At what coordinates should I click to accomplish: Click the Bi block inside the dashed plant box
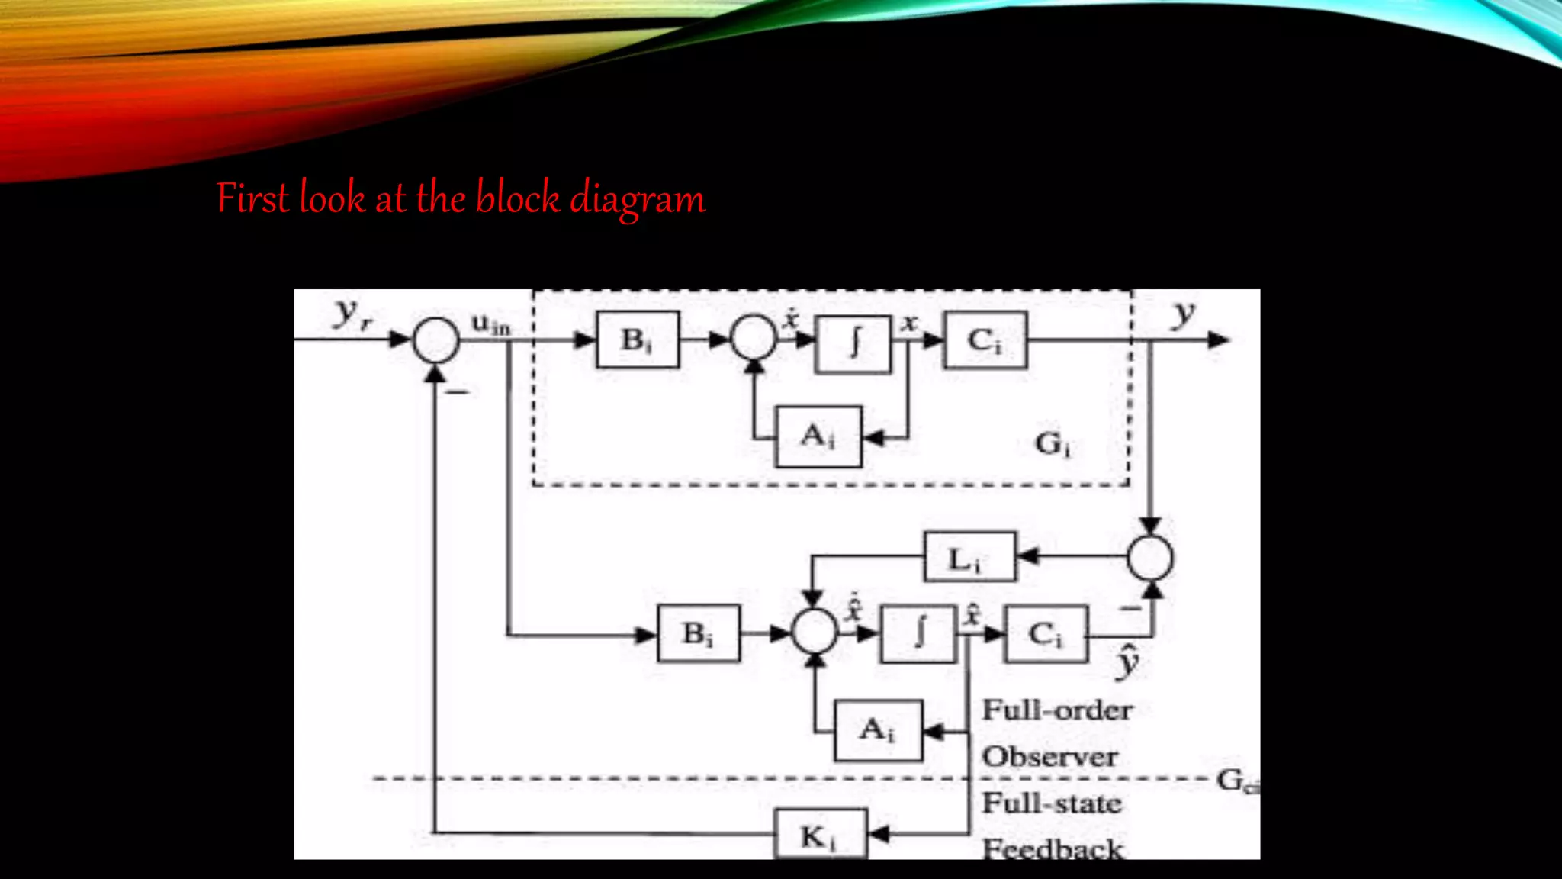[x=638, y=340]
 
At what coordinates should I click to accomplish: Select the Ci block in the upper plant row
[x=985, y=340]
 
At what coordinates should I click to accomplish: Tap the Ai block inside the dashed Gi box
[x=818, y=436]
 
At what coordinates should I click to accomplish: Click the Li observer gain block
[x=969, y=558]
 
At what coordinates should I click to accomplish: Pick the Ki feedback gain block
[x=820, y=835]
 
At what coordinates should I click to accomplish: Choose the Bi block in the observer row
[x=698, y=633]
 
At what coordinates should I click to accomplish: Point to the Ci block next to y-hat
[x=1046, y=633]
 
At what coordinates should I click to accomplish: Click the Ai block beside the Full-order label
[x=878, y=730]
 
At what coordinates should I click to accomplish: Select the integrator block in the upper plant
[x=853, y=343]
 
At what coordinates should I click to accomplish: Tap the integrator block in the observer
[x=918, y=633]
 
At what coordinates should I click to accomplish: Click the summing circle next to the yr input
[x=435, y=340]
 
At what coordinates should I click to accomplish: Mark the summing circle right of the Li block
[x=1150, y=558]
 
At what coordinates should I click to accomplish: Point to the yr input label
[x=353, y=314]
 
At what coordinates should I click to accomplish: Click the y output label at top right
[x=1183, y=313]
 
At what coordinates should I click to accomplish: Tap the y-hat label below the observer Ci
[x=1127, y=661]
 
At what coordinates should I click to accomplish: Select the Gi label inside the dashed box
[x=1053, y=443]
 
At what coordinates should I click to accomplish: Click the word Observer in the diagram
[x=1049, y=757]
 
